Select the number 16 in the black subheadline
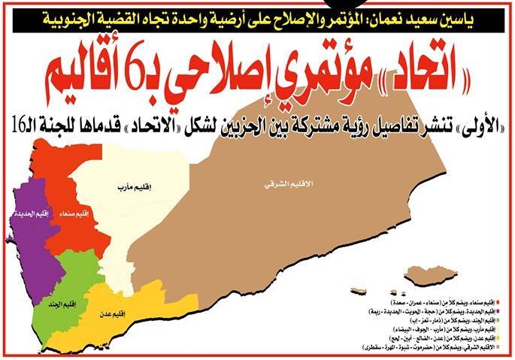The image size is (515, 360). point(17,119)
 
